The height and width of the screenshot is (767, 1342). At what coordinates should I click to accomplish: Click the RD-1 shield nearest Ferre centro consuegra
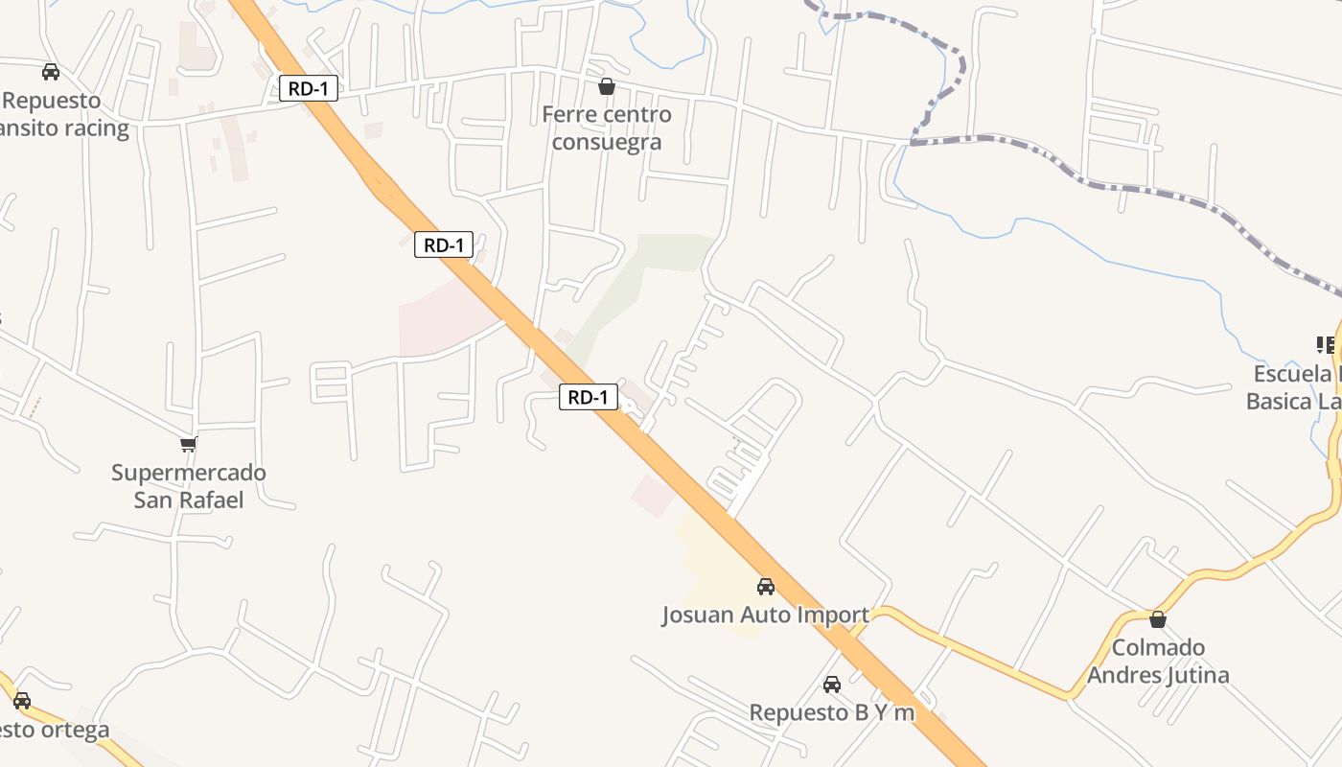click(x=309, y=89)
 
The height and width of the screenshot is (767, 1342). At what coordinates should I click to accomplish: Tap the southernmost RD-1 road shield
click(x=589, y=397)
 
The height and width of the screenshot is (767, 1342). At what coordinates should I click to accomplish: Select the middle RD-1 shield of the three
click(x=444, y=244)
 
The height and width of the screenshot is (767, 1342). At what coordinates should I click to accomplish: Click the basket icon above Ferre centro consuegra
click(x=607, y=87)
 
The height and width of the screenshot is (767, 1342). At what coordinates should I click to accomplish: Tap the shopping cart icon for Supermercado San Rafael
click(x=189, y=444)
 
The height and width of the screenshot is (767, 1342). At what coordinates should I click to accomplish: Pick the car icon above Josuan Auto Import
click(x=765, y=587)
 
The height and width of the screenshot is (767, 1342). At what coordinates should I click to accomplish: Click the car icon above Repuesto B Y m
click(x=832, y=685)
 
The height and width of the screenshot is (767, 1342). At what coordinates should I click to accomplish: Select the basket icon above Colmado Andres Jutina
click(x=1158, y=619)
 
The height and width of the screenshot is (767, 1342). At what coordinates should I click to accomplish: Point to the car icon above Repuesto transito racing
click(x=51, y=72)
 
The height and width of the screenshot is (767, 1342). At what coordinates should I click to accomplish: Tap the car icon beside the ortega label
click(x=22, y=701)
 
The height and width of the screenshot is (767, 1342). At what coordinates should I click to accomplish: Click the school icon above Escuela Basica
click(x=1327, y=345)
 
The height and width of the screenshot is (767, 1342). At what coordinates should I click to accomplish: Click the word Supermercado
click(x=189, y=473)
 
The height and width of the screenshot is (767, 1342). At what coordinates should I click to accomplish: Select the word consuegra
click(x=607, y=143)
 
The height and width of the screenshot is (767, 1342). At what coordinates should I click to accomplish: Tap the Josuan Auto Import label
click(x=765, y=616)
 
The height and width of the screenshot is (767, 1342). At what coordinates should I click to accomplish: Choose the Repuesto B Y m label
click(x=832, y=713)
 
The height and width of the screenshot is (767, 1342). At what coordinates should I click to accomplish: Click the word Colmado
click(x=1158, y=648)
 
